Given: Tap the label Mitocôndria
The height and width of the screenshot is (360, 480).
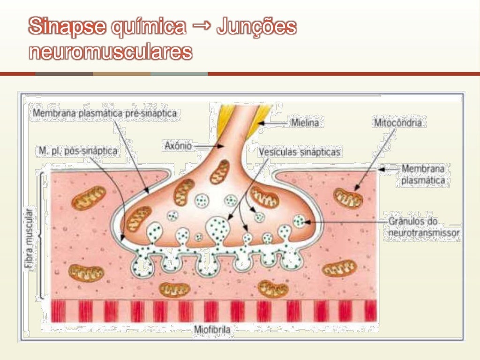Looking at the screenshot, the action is click(x=397, y=123).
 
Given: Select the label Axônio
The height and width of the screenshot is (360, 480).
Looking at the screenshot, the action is click(x=178, y=146).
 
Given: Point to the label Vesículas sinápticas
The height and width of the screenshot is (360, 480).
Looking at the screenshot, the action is click(x=300, y=152).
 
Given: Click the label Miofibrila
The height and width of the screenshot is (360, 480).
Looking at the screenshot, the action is click(x=212, y=330).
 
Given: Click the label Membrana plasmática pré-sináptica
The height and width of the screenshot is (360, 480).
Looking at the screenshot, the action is click(x=105, y=113).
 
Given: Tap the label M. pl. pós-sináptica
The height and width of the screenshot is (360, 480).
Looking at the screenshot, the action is click(x=78, y=151).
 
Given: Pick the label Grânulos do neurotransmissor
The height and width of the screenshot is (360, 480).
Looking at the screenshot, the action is click(x=423, y=226).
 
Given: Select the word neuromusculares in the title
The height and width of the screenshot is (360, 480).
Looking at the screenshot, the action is click(x=111, y=52).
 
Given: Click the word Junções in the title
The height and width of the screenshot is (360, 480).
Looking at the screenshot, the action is click(x=256, y=27).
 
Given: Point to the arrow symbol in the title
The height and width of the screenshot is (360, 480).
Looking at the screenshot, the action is click(x=201, y=26).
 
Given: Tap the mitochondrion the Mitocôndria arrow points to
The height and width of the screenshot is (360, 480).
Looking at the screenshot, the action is click(x=348, y=197).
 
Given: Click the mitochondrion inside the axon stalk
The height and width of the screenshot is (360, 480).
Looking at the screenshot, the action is click(x=219, y=172).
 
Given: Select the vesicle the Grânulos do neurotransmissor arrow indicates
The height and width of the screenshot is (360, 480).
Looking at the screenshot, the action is click(x=300, y=220).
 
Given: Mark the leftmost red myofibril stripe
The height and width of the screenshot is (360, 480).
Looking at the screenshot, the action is click(x=58, y=311).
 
